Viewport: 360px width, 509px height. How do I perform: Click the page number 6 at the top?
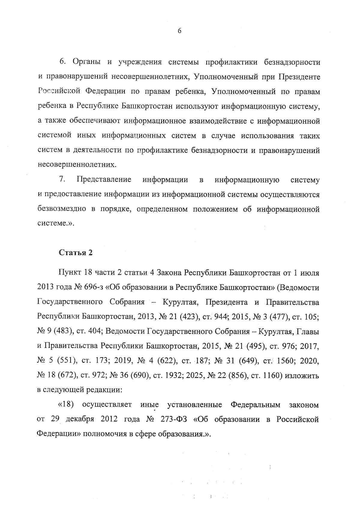[x=179, y=31]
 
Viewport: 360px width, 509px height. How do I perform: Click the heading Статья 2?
[x=75, y=253]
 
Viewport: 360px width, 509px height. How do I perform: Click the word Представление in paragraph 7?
[x=104, y=180]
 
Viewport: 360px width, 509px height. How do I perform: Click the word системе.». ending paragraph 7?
[x=56, y=224]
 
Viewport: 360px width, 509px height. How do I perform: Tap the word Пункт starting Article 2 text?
[x=69, y=273]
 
